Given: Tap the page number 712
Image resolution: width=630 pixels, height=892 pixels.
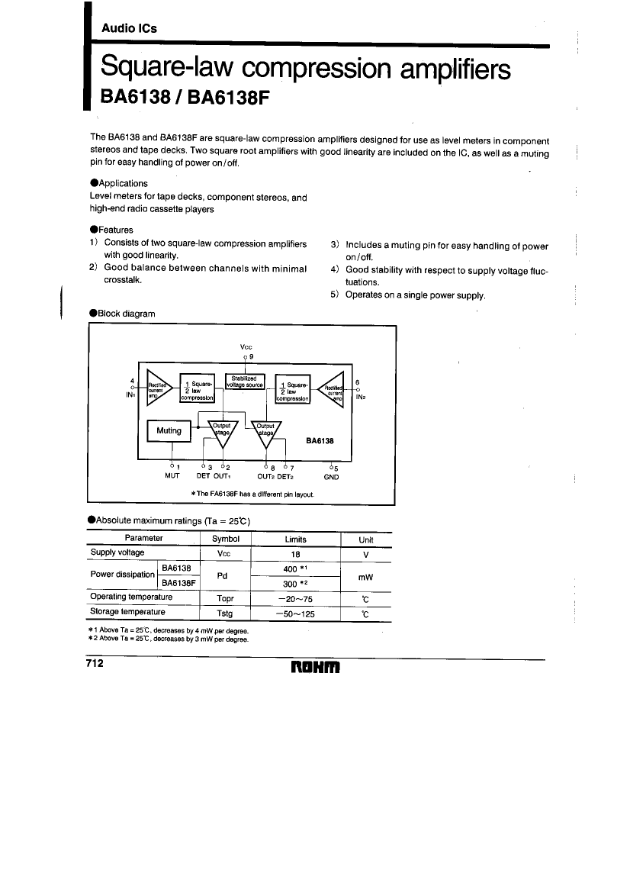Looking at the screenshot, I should coord(96,663).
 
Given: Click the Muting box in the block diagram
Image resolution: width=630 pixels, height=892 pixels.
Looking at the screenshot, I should coord(169,430).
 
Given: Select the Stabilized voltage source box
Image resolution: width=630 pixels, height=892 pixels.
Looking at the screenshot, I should coord(246,382).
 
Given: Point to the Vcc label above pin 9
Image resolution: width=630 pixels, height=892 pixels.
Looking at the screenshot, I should coord(246,346).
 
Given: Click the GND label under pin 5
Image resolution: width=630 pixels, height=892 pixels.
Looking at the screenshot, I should coord(331,477).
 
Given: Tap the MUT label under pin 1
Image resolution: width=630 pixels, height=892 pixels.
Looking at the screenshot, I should coord(172,477).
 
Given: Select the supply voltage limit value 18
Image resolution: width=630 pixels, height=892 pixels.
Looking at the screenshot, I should coord(295,554).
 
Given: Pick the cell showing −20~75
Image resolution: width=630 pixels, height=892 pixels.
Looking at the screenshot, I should coord(295,599).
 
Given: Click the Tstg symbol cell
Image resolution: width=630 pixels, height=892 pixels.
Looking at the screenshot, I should coord(224,613).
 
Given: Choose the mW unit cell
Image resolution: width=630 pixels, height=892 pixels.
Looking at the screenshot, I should coord(365,577).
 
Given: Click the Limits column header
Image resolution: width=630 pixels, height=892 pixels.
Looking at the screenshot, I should coord(295,539).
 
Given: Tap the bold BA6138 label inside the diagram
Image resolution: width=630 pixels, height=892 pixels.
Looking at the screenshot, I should coord(320,440).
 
